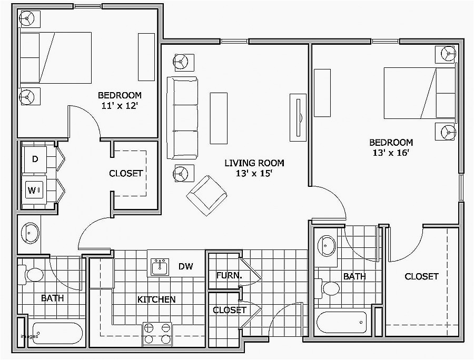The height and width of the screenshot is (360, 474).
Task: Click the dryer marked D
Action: (x=35, y=159)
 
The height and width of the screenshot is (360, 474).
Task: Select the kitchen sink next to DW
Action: (x=160, y=267)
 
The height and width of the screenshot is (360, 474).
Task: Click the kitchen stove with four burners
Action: (x=157, y=333)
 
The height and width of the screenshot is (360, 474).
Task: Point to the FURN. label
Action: (x=229, y=276)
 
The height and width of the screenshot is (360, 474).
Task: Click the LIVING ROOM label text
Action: (x=254, y=163)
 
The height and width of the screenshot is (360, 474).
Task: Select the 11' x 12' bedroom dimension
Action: (x=120, y=105)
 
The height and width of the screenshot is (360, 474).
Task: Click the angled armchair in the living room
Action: (x=206, y=194)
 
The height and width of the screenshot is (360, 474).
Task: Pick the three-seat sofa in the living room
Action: (x=182, y=118)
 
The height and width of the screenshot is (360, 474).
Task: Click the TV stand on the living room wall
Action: (x=298, y=118)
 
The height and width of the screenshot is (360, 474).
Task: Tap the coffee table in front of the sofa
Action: (x=219, y=118)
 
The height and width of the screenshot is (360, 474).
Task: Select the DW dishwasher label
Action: (x=185, y=267)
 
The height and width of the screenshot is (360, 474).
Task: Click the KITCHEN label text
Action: (x=156, y=299)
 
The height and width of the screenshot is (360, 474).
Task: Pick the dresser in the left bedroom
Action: (x=146, y=57)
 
